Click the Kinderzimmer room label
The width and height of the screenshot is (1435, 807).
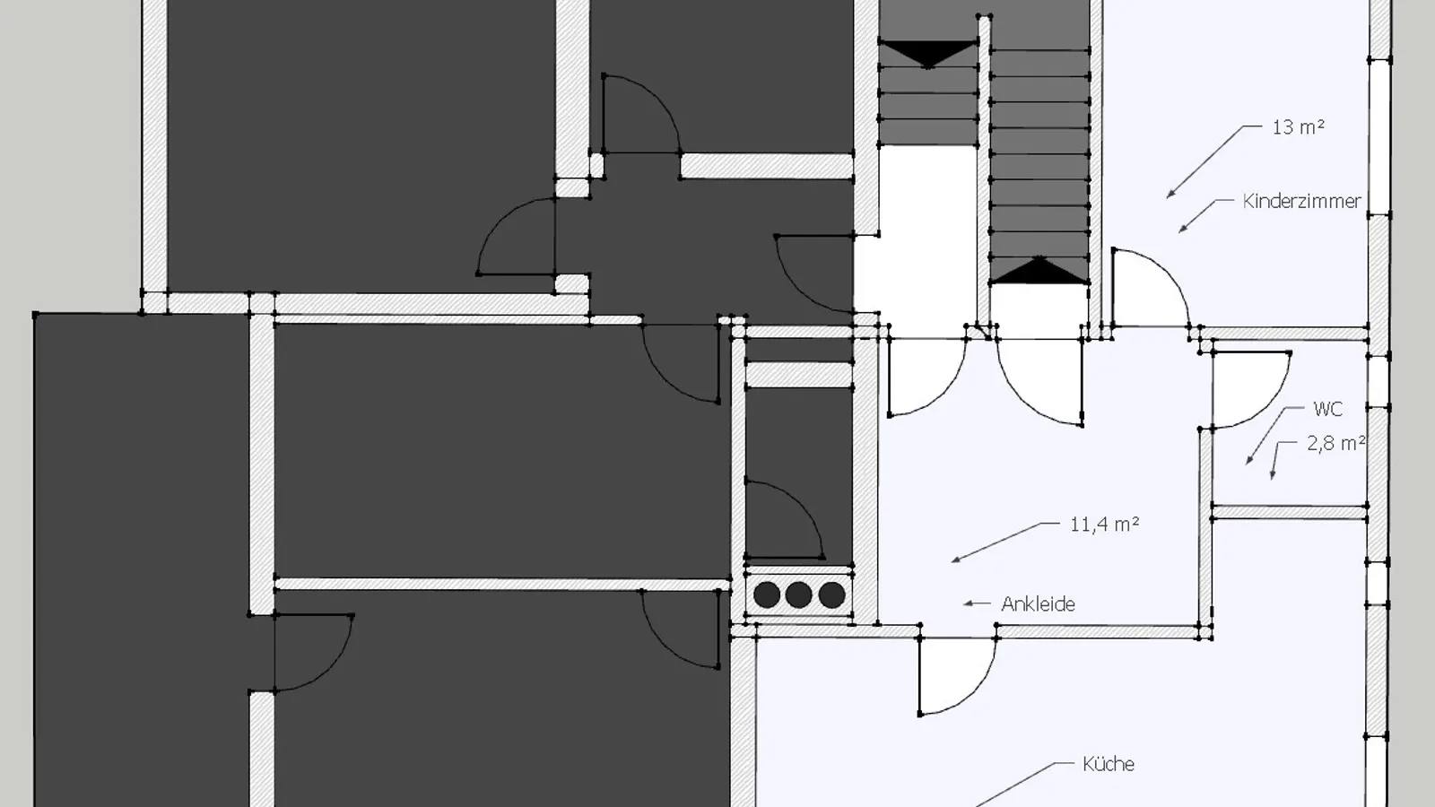click(1301, 201)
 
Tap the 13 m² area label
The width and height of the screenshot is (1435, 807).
click(1298, 126)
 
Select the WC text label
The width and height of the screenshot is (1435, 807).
click(1327, 409)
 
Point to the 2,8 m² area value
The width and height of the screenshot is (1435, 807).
click(1335, 443)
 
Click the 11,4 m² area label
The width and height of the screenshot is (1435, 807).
click(1104, 525)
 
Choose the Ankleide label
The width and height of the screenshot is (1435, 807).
click(1038, 604)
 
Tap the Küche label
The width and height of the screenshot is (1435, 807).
click(1109, 764)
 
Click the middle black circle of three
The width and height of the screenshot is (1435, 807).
click(798, 595)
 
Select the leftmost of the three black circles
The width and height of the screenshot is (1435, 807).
click(767, 595)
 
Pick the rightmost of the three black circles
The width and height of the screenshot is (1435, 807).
click(831, 595)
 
